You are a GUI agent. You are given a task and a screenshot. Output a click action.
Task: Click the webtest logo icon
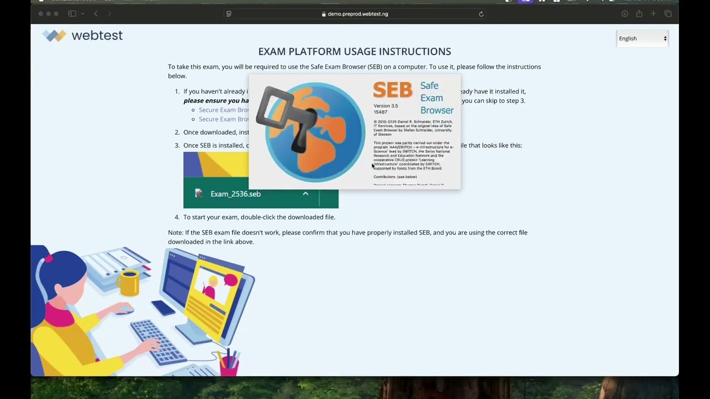click(x=54, y=35)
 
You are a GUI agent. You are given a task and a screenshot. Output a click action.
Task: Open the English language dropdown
click(x=642, y=38)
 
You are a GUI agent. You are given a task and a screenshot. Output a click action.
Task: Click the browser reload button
click(x=481, y=14)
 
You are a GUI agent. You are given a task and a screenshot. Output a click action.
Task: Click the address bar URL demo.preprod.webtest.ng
click(x=358, y=14)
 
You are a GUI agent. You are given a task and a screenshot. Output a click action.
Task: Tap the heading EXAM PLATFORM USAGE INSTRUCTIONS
click(x=354, y=52)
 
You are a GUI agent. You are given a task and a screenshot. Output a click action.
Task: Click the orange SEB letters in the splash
click(x=392, y=90)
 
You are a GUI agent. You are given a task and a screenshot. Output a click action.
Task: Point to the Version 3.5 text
click(x=386, y=106)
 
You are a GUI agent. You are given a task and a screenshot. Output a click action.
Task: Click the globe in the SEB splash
click(x=314, y=132)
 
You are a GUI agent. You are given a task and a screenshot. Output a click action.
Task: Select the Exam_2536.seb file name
click(x=235, y=194)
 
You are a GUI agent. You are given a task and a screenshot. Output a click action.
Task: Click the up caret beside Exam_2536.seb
click(x=305, y=193)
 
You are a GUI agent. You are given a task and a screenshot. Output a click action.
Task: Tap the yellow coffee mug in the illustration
click(x=128, y=282)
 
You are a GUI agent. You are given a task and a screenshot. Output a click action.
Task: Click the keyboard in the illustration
click(x=158, y=340)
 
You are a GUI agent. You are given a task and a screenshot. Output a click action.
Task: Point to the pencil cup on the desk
click(x=229, y=363)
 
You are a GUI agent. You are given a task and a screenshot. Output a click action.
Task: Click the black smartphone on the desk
click(x=164, y=308)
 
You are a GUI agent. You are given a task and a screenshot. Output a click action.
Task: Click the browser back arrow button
click(x=96, y=14)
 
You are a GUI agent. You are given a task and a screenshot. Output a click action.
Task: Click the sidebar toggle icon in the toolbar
click(x=72, y=14)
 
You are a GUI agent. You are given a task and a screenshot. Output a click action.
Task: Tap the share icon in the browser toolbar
click(x=639, y=14)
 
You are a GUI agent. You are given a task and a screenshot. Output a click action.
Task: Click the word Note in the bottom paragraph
click(x=175, y=233)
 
